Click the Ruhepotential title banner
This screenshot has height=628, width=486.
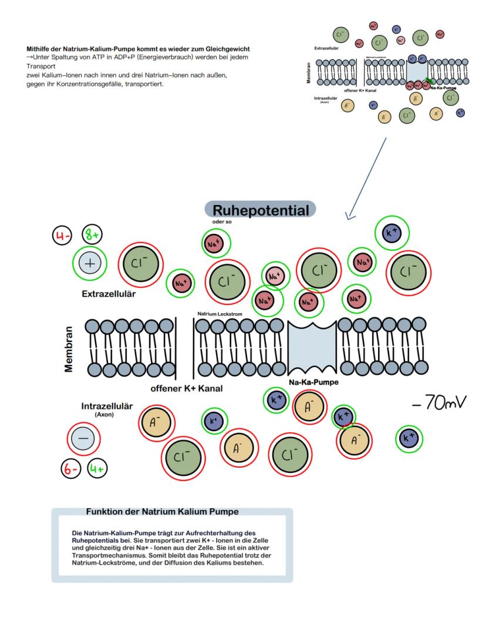click(x=260, y=210)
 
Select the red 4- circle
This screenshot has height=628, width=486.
click(x=61, y=236)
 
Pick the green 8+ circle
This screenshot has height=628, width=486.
click(x=91, y=236)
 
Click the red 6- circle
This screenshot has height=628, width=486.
click(x=72, y=468)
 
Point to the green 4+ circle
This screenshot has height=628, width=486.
click(x=97, y=468)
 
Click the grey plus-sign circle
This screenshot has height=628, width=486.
click(x=89, y=264)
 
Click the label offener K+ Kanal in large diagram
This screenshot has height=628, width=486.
click(x=187, y=388)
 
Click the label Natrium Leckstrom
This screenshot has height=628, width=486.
click(x=220, y=314)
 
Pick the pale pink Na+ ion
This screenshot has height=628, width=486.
click(x=275, y=276)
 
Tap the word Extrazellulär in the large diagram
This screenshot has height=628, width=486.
click(x=109, y=294)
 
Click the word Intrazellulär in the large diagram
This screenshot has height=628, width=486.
click(x=107, y=406)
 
